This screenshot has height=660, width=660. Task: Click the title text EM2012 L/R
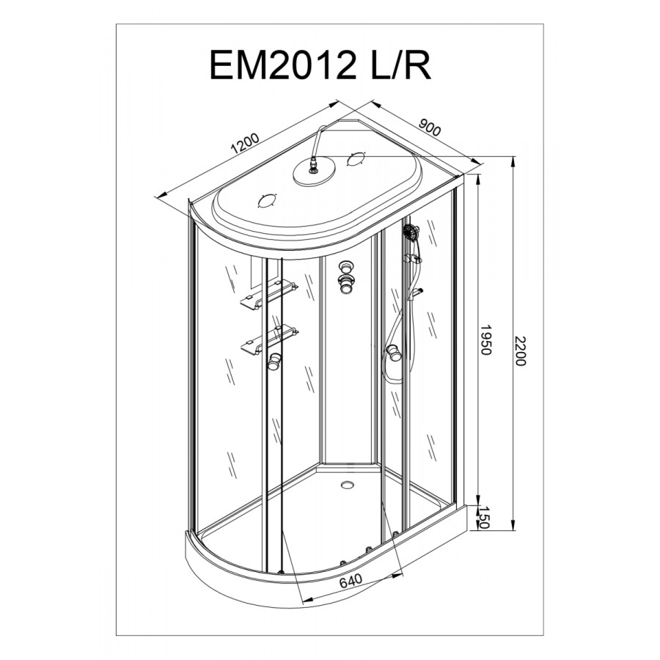coord(320,66)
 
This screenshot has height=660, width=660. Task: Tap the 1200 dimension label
coord(246,144)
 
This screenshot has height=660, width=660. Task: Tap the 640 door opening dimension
coord(351,581)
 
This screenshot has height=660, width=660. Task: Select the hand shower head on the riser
coord(411,231)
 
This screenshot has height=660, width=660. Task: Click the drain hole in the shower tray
coord(348,485)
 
